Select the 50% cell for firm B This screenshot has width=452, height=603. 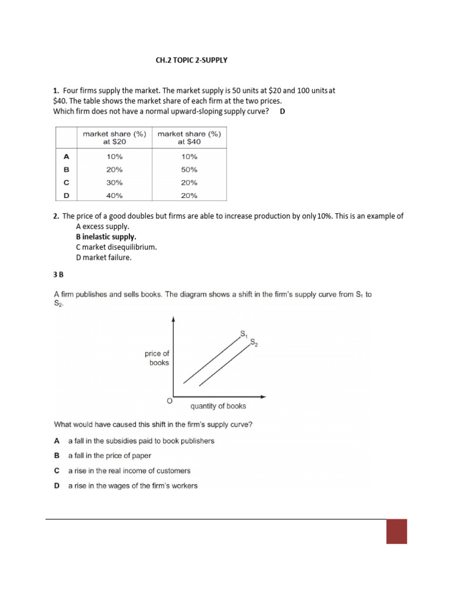190,170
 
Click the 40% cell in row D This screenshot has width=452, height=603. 114,196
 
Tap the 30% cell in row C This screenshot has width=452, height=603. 114,183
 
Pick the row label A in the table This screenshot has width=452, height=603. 66,157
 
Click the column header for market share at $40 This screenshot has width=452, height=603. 190,138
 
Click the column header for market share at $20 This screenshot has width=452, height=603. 114,138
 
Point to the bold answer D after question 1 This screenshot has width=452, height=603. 282,111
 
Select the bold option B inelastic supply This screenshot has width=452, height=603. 106,237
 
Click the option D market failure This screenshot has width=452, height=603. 108,258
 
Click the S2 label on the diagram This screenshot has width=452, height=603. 254,342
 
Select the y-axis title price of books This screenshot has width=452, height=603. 157,358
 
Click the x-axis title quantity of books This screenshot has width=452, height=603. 218,406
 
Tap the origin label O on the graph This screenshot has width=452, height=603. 169,401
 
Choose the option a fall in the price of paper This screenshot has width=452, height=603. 109,456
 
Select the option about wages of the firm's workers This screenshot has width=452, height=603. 132,486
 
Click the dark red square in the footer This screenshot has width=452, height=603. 397,531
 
